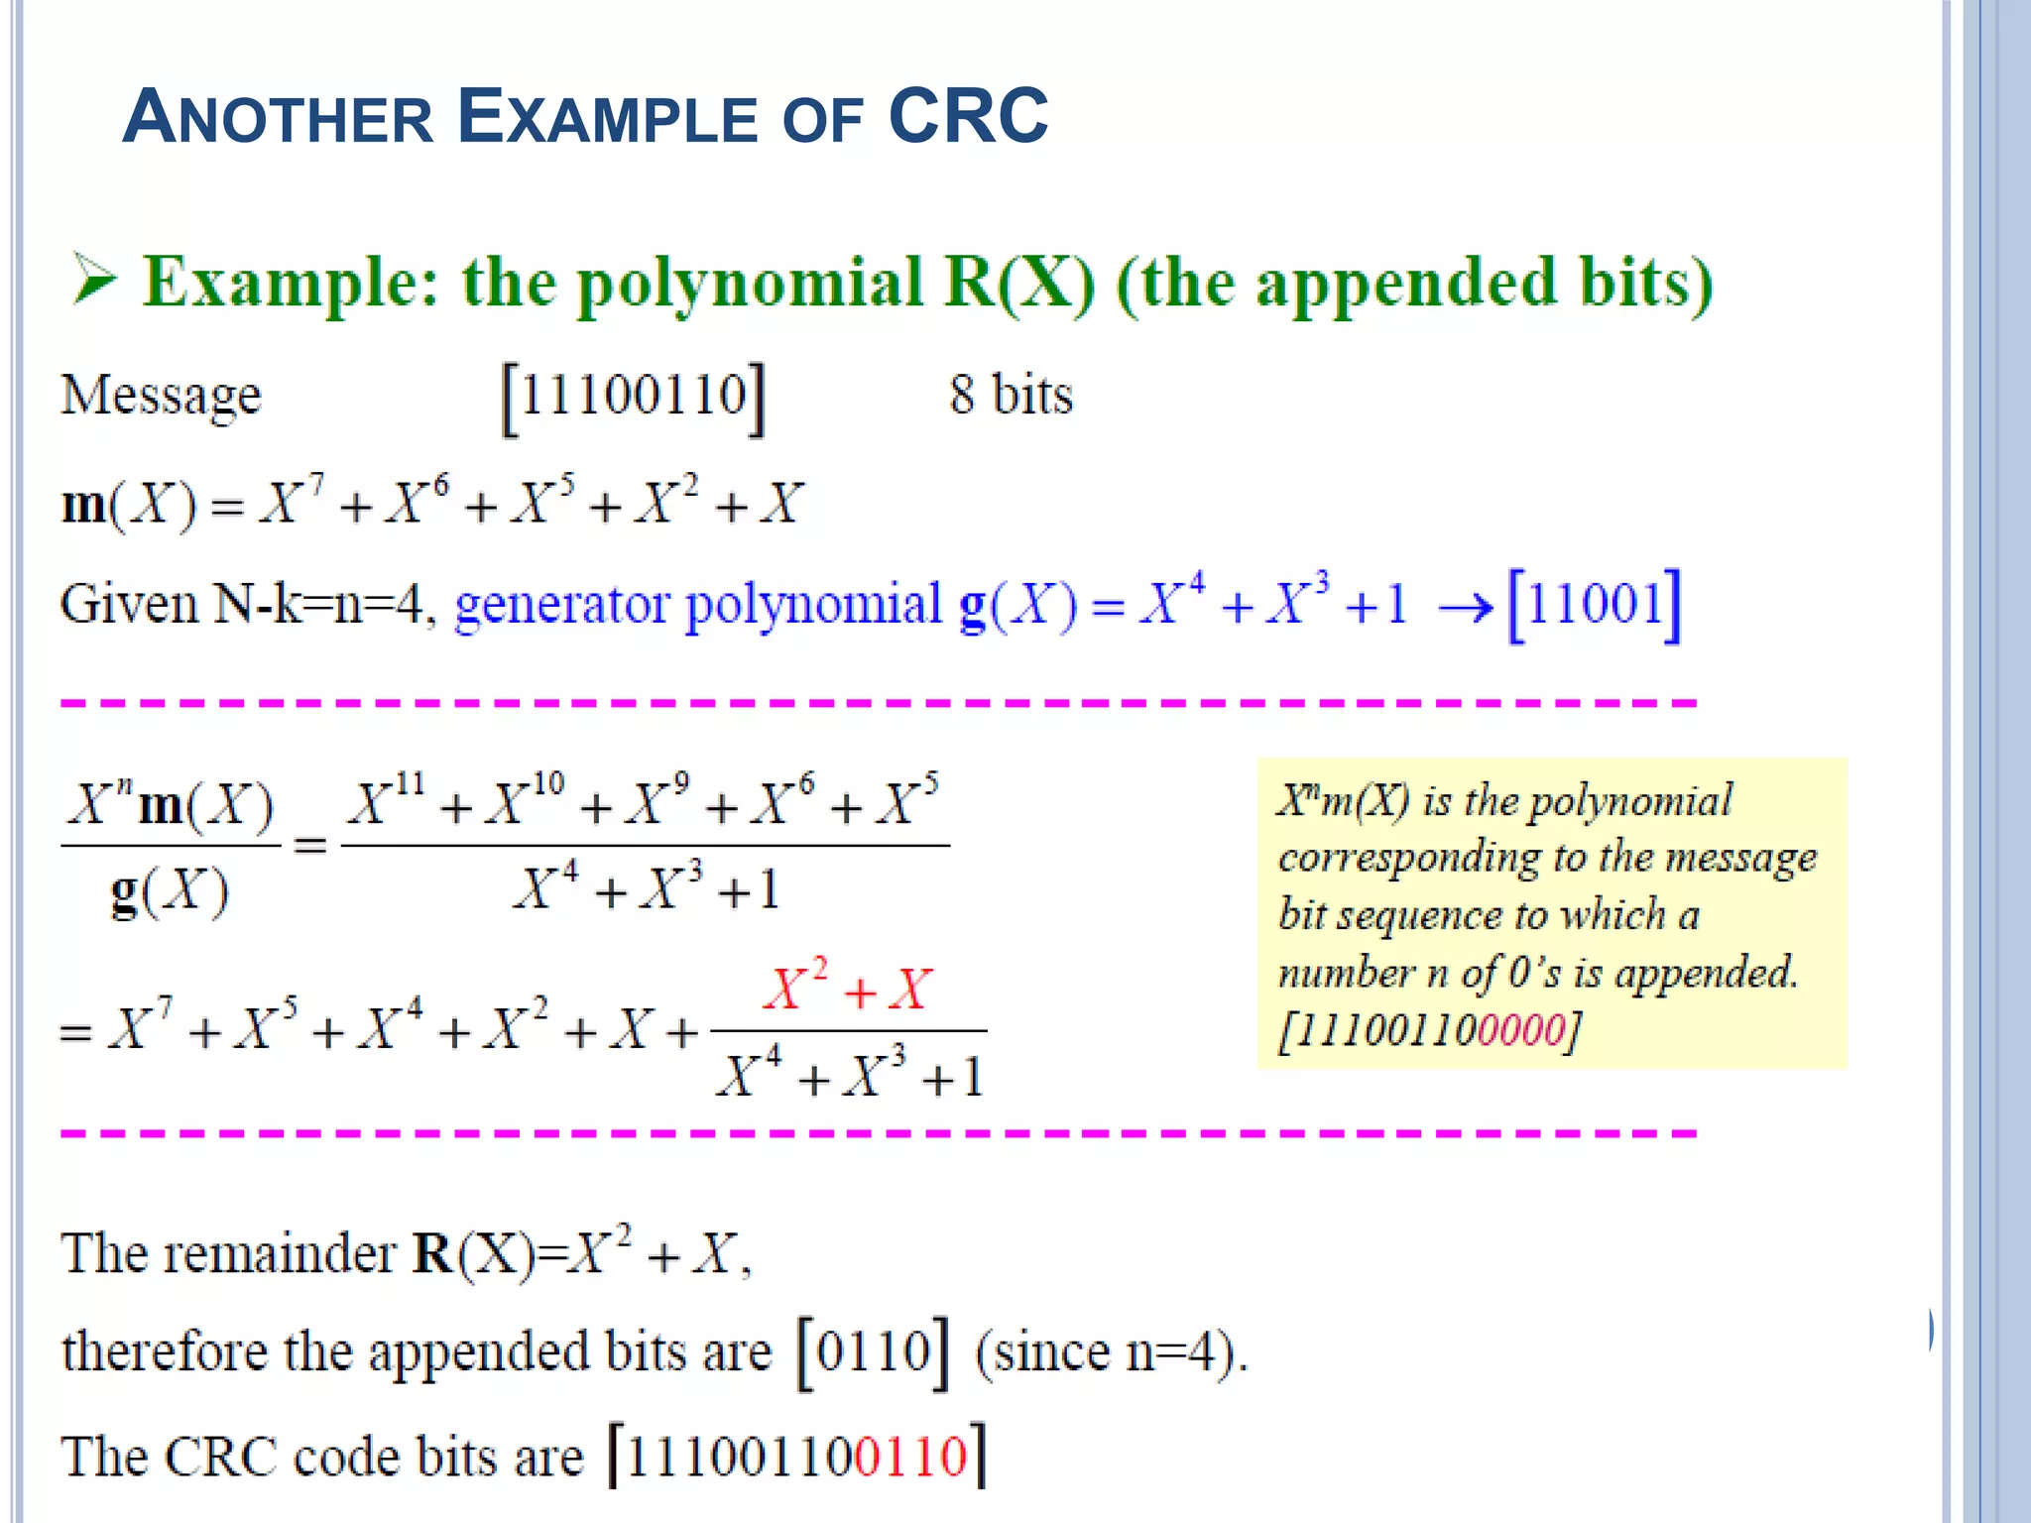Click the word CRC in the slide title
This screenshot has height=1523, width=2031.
pyautogui.click(x=968, y=117)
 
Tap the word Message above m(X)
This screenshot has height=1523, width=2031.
pyautogui.click(x=161, y=396)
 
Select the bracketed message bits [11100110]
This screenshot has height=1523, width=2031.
pyautogui.click(x=634, y=398)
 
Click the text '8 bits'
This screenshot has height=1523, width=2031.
pyautogui.click(x=1011, y=395)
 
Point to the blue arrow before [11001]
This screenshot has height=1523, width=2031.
pyautogui.click(x=1466, y=607)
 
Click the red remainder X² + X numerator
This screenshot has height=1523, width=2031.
pyautogui.click(x=848, y=988)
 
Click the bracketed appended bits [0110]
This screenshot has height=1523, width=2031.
pyautogui.click(x=873, y=1351)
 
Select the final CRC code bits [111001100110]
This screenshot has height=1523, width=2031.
pyautogui.click(x=796, y=1456)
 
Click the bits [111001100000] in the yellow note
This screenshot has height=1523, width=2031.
pyautogui.click(x=1429, y=1030)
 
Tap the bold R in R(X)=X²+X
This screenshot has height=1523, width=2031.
pyautogui.click(x=431, y=1253)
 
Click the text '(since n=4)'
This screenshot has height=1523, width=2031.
pyautogui.click(x=1110, y=1351)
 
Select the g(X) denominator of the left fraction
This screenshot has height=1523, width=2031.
pyautogui.click(x=170, y=891)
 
